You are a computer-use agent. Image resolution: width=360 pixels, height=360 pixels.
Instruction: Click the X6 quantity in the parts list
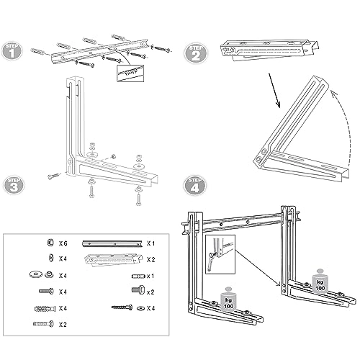click(63, 243)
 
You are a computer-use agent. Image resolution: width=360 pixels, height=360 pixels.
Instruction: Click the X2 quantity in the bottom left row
click(63, 324)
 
